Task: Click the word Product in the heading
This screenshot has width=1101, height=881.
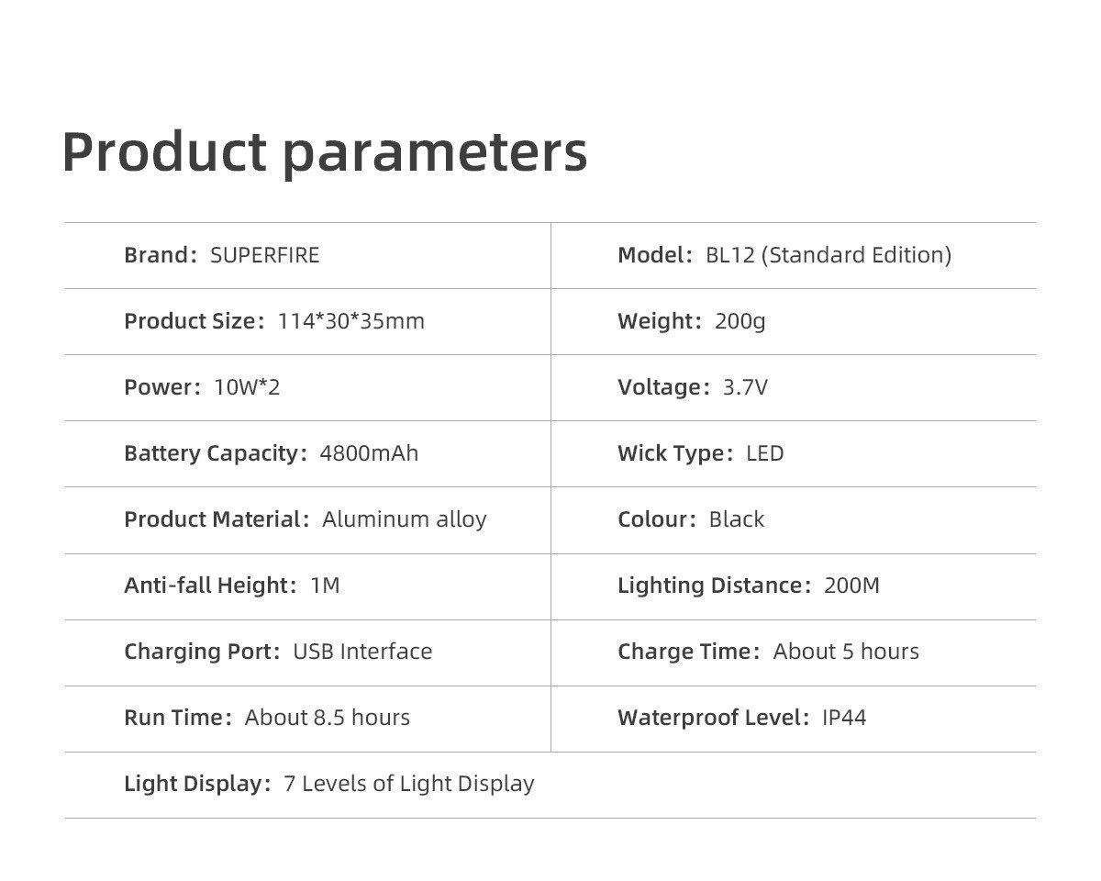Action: point(164,151)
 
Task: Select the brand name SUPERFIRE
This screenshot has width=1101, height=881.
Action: point(264,255)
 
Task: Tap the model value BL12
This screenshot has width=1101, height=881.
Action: point(730,255)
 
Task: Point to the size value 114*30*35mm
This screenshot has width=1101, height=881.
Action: point(351,321)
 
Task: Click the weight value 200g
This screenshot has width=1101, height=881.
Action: point(740,322)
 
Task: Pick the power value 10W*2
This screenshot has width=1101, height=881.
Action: point(247,387)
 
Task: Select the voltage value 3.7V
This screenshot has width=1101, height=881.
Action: point(745,387)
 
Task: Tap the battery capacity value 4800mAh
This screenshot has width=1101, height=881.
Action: point(369,453)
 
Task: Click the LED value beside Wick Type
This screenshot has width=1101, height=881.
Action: point(765,453)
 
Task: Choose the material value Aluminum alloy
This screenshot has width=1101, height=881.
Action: point(405,520)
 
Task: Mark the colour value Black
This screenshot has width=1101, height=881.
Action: point(737,519)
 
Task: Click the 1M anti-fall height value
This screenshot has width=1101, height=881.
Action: point(326,585)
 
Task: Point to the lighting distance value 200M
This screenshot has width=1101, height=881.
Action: point(851,585)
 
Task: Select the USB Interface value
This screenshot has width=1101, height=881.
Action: point(362,652)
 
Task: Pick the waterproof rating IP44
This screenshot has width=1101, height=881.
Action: point(844,718)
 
